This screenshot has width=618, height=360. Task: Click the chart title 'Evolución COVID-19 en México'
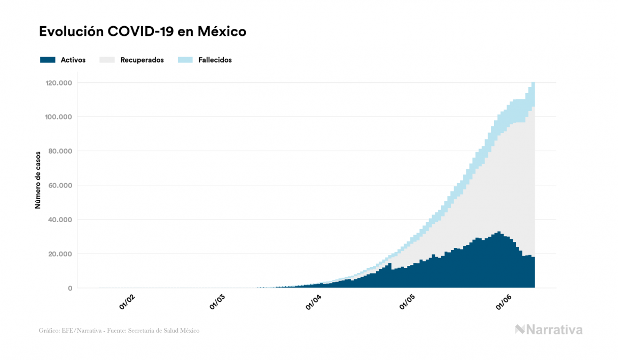coord(143,32)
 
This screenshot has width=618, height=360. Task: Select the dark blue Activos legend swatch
coord(48,60)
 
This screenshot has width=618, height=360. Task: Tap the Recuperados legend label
coord(142,60)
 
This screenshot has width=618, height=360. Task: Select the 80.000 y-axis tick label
coord(59,151)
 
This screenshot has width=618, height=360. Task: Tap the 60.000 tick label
coord(59,185)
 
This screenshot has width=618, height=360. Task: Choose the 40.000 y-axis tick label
coord(59,220)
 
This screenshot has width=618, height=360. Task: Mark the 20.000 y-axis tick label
coord(59,254)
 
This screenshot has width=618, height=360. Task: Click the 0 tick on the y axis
coord(69,288)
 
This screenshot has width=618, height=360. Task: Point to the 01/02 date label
coord(127,303)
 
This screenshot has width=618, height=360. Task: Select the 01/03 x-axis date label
coord(220,303)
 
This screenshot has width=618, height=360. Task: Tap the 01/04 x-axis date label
coord(314,303)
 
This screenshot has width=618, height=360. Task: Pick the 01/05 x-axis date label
coord(407,303)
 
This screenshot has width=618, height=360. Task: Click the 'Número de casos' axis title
coord(38,185)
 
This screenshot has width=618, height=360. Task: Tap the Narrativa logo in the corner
coord(549,330)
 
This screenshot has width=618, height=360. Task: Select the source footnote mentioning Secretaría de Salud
coord(119,331)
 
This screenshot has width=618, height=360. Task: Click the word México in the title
coord(222,32)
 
